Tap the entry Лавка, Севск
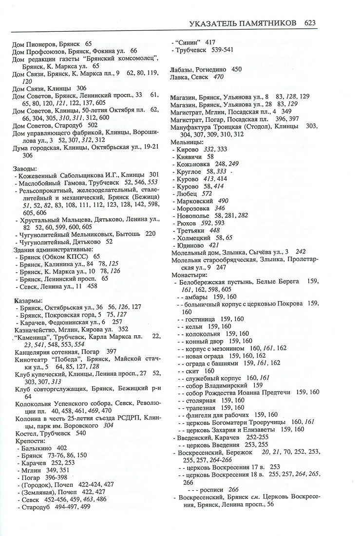point(191,77)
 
